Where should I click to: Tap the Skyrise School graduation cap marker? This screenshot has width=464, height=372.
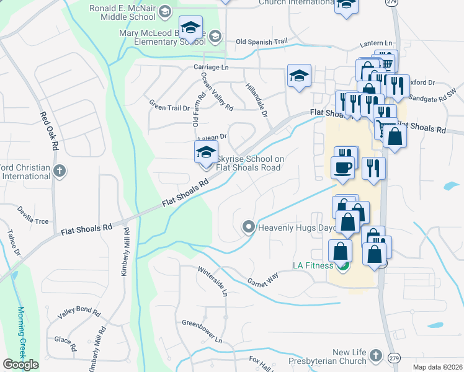[x=206, y=152]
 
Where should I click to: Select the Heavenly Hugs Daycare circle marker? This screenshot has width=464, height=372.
[x=249, y=228]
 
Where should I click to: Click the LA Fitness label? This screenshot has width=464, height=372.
[x=313, y=266]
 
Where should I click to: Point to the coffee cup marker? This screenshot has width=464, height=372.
[x=343, y=167]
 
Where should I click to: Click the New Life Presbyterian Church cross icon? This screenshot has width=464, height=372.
[x=374, y=355]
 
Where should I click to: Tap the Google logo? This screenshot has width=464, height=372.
[x=20, y=365]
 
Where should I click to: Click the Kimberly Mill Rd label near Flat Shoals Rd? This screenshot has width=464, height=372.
[x=126, y=251]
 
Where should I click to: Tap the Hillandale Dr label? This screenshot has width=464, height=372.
[x=256, y=100]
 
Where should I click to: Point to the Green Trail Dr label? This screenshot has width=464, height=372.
[x=169, y=106]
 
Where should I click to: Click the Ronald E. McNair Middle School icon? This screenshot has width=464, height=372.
[x=164, y=11]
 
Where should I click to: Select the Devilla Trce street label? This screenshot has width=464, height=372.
[x=33, y=216]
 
